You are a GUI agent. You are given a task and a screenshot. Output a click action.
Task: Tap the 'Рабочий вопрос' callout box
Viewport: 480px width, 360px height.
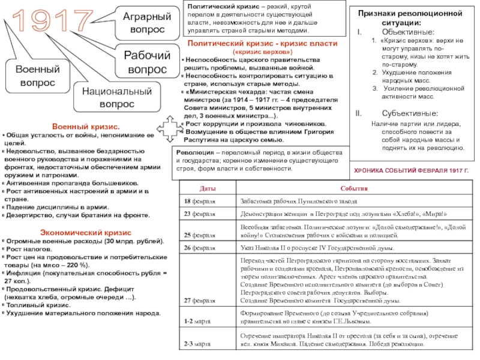(x=146, y=62)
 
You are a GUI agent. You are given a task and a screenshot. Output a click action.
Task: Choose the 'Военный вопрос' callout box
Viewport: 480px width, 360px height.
(x=37, y=76)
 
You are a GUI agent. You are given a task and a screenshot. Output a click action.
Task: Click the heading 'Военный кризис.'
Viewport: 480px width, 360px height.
(x=85, y=128)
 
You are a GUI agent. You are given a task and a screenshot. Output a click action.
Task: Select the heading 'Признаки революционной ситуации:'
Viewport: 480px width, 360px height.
(x=410, y=17)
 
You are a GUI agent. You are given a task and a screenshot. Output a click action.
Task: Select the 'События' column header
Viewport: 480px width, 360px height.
(x=355, y=190)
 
